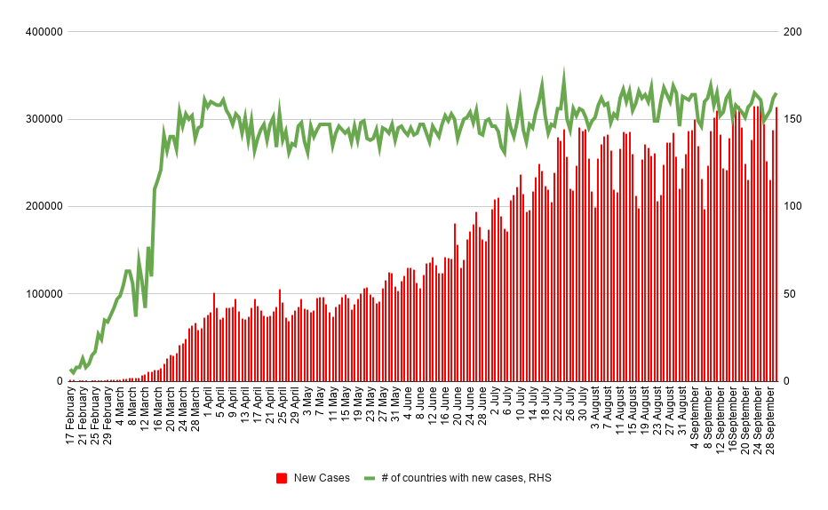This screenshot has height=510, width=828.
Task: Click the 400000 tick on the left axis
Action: (x=44, y=32)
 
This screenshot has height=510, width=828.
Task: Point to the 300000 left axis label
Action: (x=44, y=119)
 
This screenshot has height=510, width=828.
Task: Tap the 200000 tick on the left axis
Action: (x=44, y=206)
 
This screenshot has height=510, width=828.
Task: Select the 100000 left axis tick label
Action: (x=44, y=294)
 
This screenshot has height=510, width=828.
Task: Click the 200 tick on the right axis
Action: (x=792, y=32)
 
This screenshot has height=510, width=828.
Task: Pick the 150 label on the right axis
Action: (x=792, y=119)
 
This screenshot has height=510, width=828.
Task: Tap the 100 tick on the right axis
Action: (x=792, y=206)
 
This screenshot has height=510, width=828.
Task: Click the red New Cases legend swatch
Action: (x=282, y=478)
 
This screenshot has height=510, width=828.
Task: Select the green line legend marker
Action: (x=370, y=478)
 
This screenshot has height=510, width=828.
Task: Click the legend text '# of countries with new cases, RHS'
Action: (x=466, y=478)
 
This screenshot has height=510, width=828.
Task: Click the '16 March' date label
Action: (x=157, y=410)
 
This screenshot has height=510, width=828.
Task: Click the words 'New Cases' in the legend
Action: (x=322, y=478)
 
